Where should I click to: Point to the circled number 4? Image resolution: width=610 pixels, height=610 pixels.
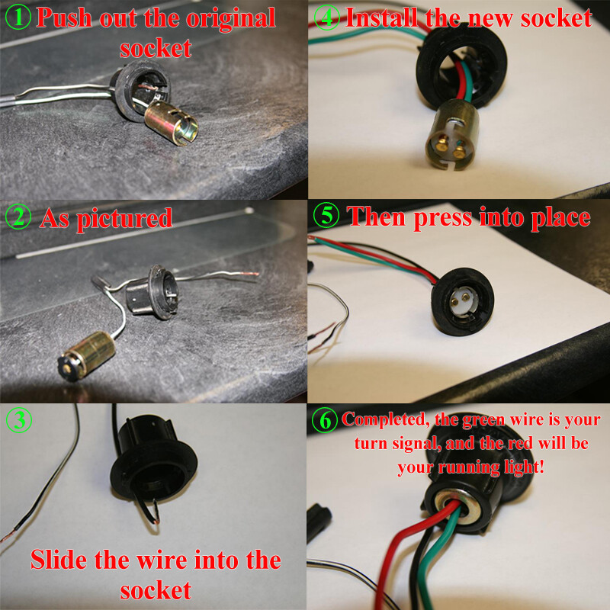coord(326,18)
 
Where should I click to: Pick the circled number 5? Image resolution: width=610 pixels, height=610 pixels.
coord(326,217)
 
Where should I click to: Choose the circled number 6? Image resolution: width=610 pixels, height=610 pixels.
coord(325,419)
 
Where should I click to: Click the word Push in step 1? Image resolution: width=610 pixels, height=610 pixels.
coord(65,18)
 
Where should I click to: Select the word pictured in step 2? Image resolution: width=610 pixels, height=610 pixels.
coord(124,219)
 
